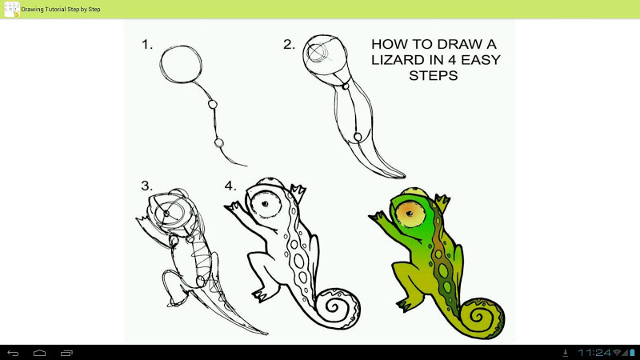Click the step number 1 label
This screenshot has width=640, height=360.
[x=147, y=44]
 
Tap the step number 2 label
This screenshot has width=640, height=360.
[x=289, y=44]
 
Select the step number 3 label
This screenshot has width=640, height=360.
[x=147, y=186]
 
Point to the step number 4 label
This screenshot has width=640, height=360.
[x=230, y=186]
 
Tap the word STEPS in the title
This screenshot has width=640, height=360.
[x=434, y=75]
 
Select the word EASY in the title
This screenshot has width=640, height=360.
[x=481, y=60]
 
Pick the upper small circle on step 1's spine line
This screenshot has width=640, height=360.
[x=212, y=104]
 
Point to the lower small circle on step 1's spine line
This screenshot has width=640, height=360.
[x=218, y=143]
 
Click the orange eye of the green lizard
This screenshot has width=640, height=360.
[x=410, y=214]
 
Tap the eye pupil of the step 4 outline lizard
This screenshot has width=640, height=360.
[x=266, y=204]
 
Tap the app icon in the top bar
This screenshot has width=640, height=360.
[x=11, y=9]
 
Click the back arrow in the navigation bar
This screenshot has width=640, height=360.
[x=13, y=353]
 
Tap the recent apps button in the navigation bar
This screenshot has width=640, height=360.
[x=66, y=353]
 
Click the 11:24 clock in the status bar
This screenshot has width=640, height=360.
[x=594, y=353]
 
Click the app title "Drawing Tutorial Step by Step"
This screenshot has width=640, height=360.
[x=61, y=9]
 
